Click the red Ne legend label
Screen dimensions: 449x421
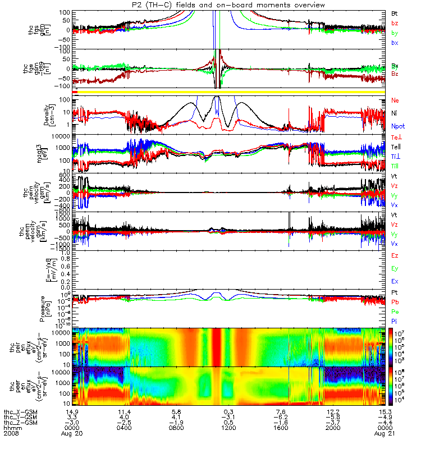pyautogui.click(x=395, y=100)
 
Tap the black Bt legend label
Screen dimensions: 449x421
pyautogui.click(x=395, y=12)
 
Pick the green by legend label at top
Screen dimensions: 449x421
pyautogui.click(x=395, y=33)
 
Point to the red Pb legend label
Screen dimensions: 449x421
pyautogui.click(x=395, y=302)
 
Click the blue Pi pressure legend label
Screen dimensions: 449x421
pyautogui.click(x=395, y=321)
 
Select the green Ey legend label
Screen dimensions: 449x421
pyautogui.click(x=395, y=268)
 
